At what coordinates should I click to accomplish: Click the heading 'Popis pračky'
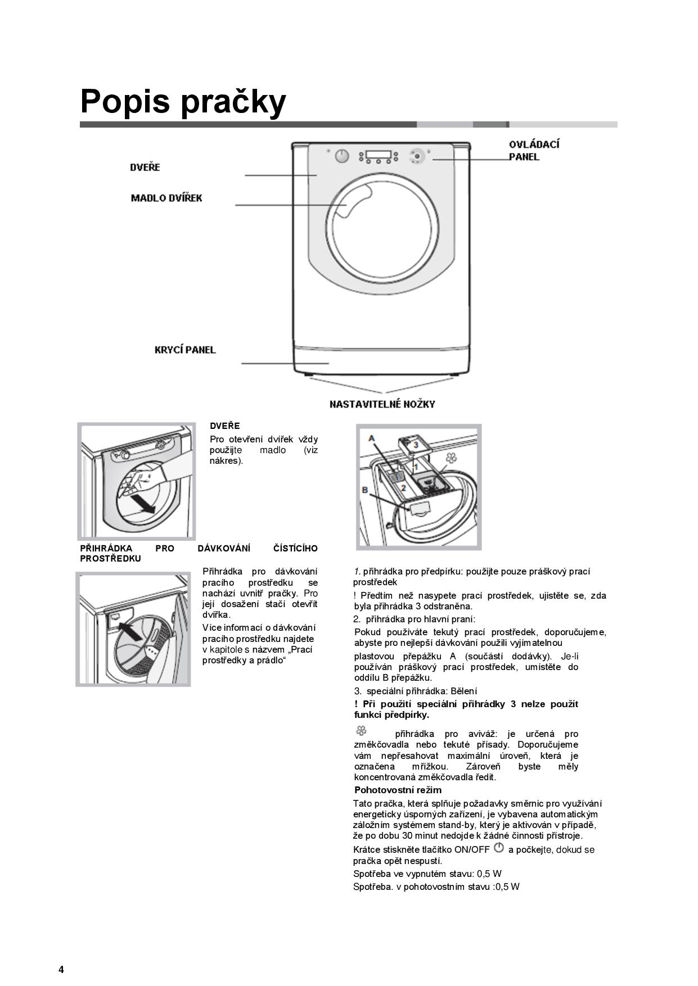tap(183, 101)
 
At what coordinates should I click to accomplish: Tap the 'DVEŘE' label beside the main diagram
tap(145, 168)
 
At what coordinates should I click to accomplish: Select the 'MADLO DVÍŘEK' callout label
tap(166, 198)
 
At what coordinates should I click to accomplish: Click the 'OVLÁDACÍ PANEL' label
tap(534, 151)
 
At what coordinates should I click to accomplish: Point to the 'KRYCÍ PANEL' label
tap(185, 350)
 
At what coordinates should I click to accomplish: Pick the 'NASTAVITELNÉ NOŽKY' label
tap(382, 404)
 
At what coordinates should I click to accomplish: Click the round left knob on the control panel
tap(342, 156)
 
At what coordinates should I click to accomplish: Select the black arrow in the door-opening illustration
tap(141, 503)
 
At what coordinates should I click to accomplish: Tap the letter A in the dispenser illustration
tap(372, 438)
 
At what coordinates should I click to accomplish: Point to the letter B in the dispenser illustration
tap(364, 490)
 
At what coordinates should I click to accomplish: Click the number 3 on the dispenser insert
tap(415, 445)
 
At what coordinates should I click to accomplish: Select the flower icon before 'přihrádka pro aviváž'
tap(361, 731)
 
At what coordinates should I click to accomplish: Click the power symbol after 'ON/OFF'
tap(498, 848)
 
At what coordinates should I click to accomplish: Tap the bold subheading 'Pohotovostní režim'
tap(398, 790)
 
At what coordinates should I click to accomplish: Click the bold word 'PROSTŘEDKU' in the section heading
tap(111, 559)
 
